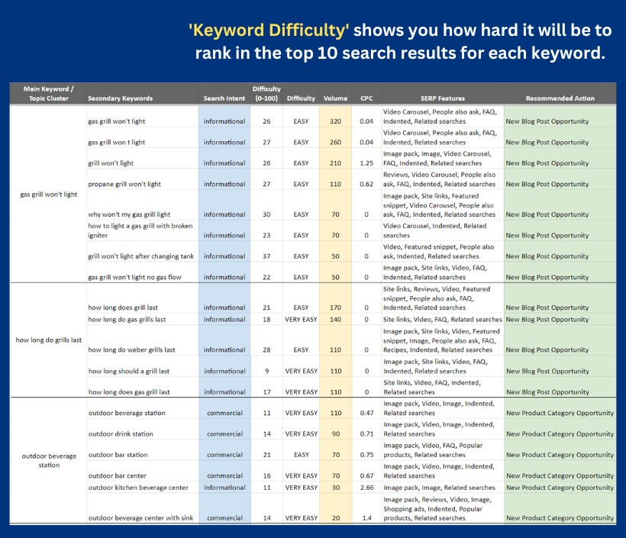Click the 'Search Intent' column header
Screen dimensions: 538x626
[224, 98]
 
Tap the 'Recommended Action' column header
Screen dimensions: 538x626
[560, 98]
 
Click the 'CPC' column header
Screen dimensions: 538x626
[366, 98]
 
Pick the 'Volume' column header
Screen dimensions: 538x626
[335, 98]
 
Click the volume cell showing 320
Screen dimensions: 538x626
[335, 121]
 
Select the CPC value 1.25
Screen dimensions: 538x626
[366, 163]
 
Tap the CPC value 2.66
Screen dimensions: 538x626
[366, 488]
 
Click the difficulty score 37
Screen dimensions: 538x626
[266, 256]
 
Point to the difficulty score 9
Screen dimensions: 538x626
[266, 372]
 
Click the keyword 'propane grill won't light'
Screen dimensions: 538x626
[124, 184]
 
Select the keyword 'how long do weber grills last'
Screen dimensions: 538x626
[131, 350]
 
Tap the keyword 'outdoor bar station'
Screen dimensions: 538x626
[118, 455]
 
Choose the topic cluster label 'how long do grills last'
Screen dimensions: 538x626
[49, 340]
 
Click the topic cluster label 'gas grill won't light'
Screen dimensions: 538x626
[49, 195]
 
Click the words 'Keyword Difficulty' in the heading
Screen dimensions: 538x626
[269, 31]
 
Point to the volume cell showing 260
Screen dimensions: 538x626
[335, 142]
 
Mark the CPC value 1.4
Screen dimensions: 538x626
[366, 518]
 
